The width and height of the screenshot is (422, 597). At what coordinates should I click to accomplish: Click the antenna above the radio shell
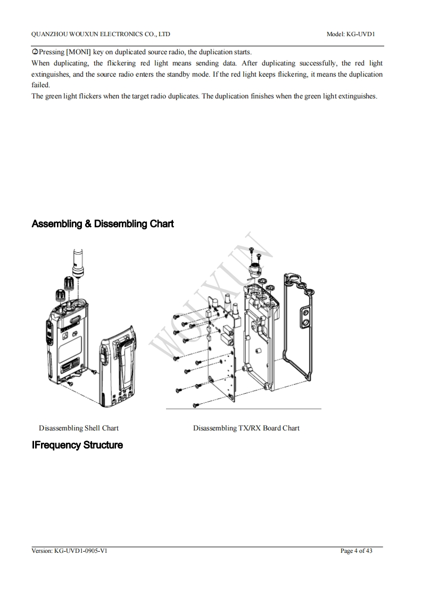tap(78, 260)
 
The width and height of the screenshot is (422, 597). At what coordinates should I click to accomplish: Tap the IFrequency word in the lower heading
tap(56, 445)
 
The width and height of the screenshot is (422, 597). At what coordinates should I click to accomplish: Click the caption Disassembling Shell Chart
tap(79, 428)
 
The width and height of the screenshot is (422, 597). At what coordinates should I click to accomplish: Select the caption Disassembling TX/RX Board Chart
tap(246, 428)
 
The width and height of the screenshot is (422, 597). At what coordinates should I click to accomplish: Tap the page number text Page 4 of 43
tap(356, 551)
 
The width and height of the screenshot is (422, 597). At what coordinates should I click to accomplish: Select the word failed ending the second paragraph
tap(40, 85)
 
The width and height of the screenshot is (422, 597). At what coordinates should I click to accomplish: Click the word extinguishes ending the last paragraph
tap(358, 96)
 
